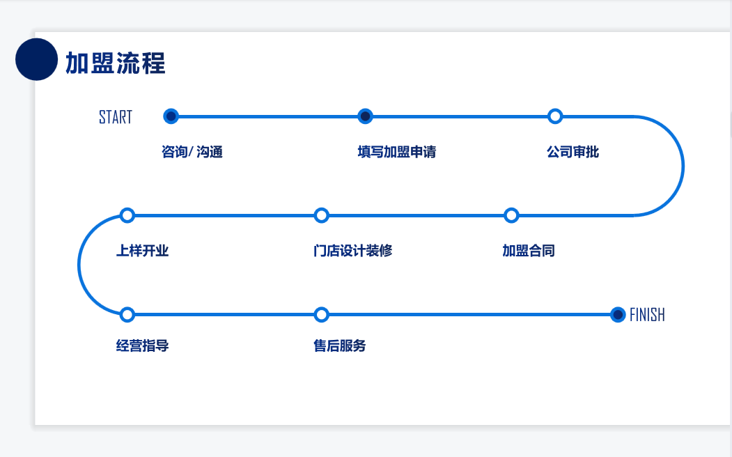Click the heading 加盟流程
[x=116, y=63]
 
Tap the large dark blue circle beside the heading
[x=36, y=59]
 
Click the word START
[x=116, y=117]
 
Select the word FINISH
[x=647, y=315]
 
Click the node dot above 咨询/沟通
[x=171, y=116]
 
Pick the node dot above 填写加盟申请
[x=365, y=116]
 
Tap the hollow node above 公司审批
[x=555, y=116]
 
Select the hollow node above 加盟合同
[x=511, y=215]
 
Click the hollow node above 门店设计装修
[x=321, y=215]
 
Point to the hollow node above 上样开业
[x=127, y=215]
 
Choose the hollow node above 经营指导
[x=127, y=315]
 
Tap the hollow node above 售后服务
[x=321, y=315]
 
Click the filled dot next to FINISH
[x=617, y=315]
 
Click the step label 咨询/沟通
[x=192, y=152]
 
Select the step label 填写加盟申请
[x=397, y=152]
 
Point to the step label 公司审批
[x=573, y=152]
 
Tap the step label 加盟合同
[x=529, y=251]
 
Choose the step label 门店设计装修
[x=353, y=251]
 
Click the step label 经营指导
[x=143, y=346]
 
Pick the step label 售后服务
[x=340, y=346]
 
